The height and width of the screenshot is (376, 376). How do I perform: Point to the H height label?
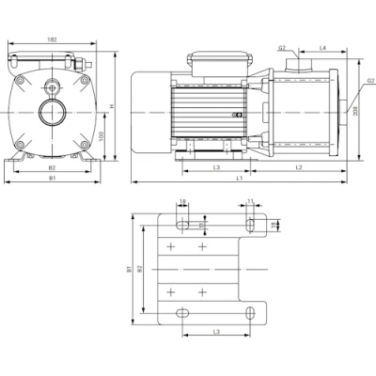point(111,106)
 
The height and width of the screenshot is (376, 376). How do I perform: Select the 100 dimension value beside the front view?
point(101,137)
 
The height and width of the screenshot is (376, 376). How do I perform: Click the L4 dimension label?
point(323,47)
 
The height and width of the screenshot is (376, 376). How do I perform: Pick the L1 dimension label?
point(241,178)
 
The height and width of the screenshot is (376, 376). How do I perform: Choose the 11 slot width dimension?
point(251,201)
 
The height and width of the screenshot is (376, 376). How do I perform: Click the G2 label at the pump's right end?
point(369,82)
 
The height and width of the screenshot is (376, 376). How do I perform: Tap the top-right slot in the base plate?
point(253,223)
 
